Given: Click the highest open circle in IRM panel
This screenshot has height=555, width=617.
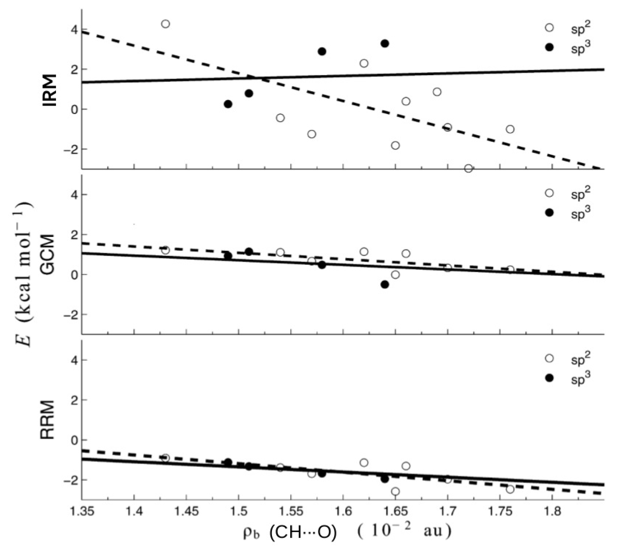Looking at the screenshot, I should point(165,24).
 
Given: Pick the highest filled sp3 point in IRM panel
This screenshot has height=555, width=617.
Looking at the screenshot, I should point(384,43).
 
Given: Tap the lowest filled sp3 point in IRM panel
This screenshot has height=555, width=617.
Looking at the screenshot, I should point(228,104).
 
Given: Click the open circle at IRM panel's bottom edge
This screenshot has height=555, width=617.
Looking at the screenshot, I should point(469,168).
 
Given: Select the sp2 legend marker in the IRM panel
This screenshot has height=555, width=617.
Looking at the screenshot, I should point(549,28).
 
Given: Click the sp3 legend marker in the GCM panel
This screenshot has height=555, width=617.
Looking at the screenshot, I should point(549,213).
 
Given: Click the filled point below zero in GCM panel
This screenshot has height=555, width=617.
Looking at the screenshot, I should point(384,284).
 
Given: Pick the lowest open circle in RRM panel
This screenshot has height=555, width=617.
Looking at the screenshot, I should point(395,491).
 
